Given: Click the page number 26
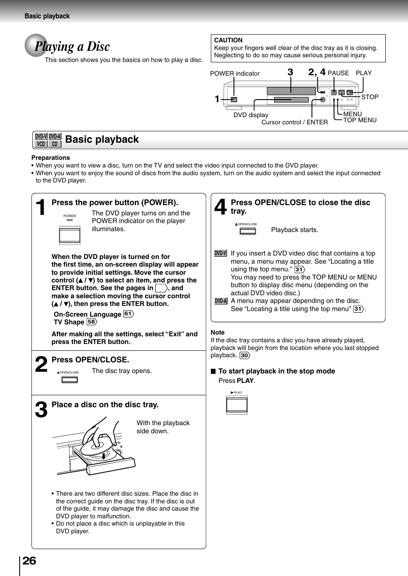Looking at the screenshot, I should click(29, 561).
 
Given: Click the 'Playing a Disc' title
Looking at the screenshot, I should click(72, 46).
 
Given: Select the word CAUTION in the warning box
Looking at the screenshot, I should click(228, 40).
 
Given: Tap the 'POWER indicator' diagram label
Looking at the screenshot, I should click(235, 73).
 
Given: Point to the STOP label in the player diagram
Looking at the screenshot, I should click(370, 97).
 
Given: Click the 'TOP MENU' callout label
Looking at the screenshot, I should click(360, 120).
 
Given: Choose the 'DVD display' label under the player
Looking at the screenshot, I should click(251, 115).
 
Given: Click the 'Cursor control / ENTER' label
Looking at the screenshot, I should click(294, 122).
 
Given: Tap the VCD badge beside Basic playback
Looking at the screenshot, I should click(41, 144).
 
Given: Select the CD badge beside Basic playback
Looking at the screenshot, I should click(55, 144).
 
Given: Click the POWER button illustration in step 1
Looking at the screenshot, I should click(70, 235).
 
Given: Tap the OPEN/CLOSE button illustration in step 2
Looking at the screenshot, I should click(69, 379).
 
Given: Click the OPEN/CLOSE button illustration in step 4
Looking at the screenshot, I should click(248, 231).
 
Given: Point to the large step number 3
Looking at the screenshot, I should click(41, 410).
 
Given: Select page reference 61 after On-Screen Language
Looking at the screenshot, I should click(128, 314).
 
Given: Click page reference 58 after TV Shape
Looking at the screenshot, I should click(92, 322).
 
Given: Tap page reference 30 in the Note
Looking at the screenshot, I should click(244, 356).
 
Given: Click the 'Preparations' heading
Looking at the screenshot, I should click(50, 158).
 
